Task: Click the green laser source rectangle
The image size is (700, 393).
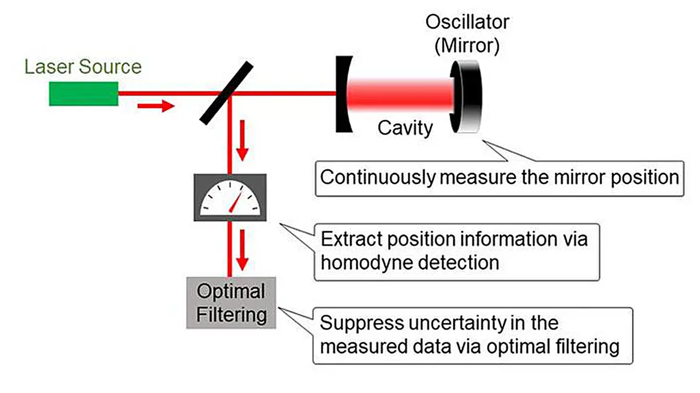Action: pos(83,94)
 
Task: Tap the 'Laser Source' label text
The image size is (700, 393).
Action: pos(83,66)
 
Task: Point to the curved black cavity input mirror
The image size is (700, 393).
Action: pos(341,93)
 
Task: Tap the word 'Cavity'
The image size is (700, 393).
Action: pos(405,127)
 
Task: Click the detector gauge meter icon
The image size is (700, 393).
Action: pos(230,197)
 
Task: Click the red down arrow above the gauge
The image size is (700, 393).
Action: pos(242,150)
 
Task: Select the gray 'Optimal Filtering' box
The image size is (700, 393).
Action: pos(231,303)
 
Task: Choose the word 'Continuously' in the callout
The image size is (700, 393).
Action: pos(377,176)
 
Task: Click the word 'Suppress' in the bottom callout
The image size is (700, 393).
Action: pos(358,323)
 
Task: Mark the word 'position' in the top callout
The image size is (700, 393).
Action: pos(643,176)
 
